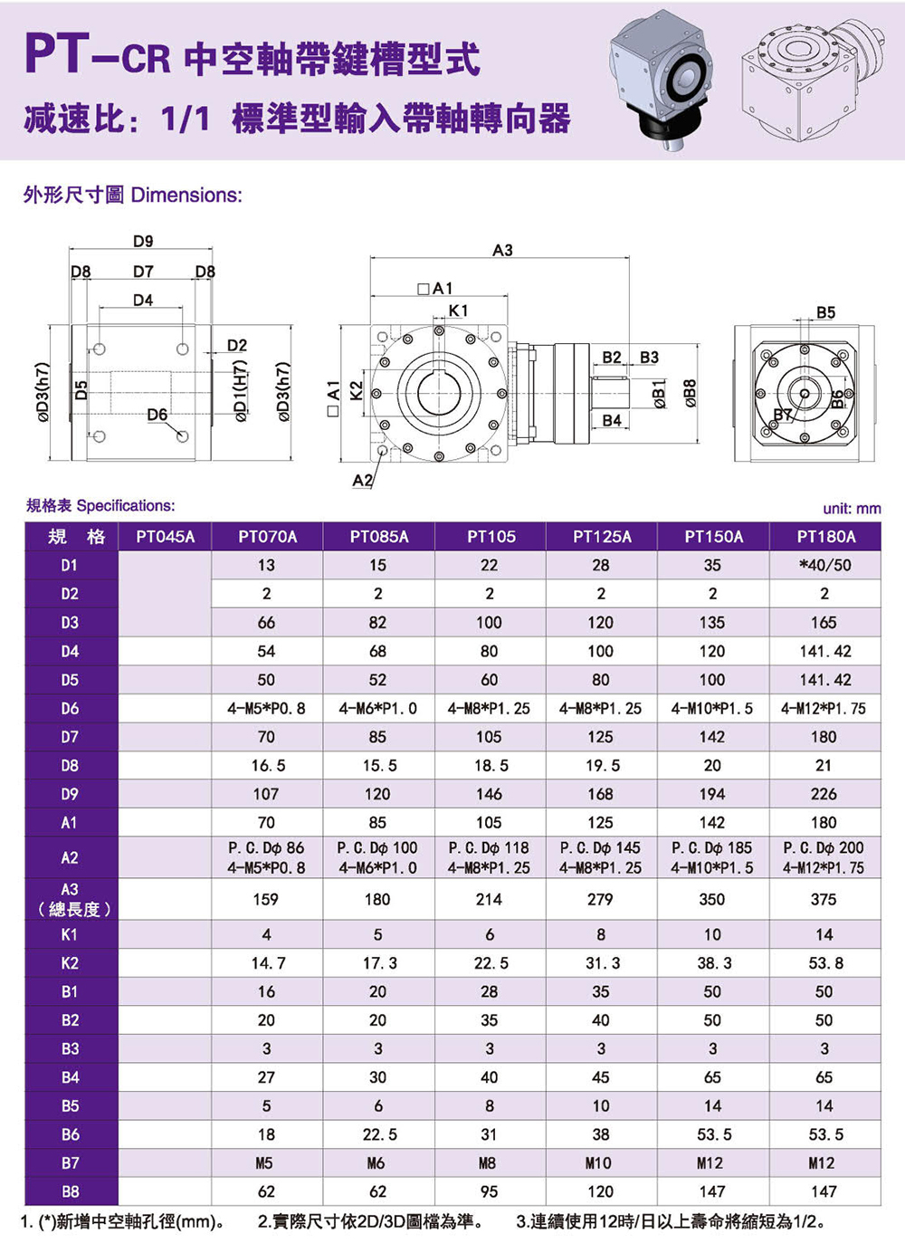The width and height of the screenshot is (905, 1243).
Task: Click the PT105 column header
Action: (491, 537)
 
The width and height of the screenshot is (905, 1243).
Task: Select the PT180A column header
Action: (825, 537)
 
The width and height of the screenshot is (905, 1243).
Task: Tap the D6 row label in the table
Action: (70, 708)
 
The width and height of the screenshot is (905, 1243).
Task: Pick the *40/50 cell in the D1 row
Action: (824, 565)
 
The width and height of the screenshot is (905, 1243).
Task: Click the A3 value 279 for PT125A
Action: (600, 899)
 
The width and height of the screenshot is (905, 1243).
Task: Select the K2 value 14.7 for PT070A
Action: (267, 963)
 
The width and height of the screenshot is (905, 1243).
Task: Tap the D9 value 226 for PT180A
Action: (824, 794)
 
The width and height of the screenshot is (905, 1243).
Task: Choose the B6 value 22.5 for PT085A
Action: (379, 1134)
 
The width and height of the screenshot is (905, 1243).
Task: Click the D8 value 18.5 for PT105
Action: (491, 765)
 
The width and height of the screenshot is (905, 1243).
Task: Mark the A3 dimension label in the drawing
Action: (502, 250)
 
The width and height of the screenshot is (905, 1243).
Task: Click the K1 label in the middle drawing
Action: (459, 311)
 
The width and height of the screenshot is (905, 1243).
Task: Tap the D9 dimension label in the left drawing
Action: (143, 241)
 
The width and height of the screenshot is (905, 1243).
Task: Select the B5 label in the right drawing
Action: (825, 312)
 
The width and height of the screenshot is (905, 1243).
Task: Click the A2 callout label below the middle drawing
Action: (362, 480)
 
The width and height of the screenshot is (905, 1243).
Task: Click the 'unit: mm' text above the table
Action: (851, 508)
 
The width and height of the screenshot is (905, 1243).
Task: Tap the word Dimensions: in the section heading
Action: (186, 195)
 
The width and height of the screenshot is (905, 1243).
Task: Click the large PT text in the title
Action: (56, 55)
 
